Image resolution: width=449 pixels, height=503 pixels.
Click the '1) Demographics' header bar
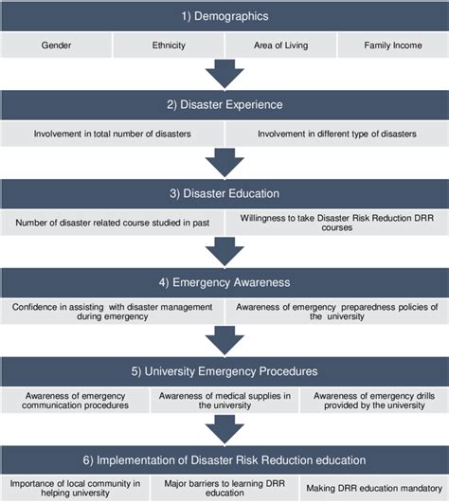[x=224, y=16]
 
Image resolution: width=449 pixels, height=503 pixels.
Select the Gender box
[x=56, y=45]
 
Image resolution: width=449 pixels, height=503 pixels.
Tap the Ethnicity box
[x=168, y=45]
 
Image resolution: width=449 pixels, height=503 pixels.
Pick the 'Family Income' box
[x=392, y=45]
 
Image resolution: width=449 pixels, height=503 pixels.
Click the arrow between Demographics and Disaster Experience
[x=224, y=74]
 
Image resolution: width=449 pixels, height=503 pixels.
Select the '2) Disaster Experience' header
[x=224, y=105]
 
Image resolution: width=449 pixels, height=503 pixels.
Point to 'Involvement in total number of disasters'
[x=113, y=134]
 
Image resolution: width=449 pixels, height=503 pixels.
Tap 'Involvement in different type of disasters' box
[x=337, y=134]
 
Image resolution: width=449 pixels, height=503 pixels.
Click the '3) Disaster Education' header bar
[x=224, y=193]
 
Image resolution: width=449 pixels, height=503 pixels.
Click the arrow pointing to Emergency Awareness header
[x=224, y=251]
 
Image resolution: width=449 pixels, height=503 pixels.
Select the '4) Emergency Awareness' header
[x=224, y=281]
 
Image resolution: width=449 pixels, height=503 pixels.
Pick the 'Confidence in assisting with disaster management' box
[x=113, y=311]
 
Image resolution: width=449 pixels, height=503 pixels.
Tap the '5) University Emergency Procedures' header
[x=224, y=370]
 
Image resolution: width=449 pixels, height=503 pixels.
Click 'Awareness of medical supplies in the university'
[x=224, y=400]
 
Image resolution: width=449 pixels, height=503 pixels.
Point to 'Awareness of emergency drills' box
[x=374, y=400]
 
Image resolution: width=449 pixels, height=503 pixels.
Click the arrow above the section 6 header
[x=224, y=429]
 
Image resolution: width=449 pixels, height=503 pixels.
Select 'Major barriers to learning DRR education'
[x=224, y=488]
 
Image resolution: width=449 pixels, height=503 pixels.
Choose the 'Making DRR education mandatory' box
[x=374, y=488]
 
